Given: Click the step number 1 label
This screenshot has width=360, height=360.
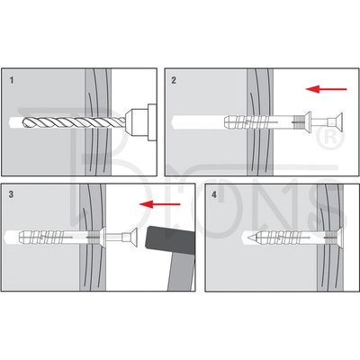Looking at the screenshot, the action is [12, 80].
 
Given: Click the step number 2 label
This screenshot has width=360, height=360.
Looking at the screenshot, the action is [174, 80].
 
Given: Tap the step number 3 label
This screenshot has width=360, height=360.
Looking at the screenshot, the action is [11, 194].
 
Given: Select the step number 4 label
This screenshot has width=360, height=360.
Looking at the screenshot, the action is [214, 194].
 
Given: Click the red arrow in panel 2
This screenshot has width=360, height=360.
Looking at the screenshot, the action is [326, 89].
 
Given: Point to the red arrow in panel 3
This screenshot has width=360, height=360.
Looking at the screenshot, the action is [159, 204].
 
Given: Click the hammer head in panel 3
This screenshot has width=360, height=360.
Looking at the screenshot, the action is [169, 240].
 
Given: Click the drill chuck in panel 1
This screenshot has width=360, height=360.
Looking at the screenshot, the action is [140, 122].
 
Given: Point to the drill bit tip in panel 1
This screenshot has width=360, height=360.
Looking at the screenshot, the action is [23, 121].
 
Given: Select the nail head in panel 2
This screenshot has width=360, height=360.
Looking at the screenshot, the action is [338, 122].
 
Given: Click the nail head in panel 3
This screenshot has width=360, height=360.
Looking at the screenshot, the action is [133, 238].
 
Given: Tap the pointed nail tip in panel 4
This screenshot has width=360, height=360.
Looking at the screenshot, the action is [248, 238].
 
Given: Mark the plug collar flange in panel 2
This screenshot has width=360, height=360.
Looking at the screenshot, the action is [308, 122].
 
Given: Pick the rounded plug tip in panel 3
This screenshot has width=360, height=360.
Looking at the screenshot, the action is [22, 238].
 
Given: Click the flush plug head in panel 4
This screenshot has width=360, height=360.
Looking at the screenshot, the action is [339, 238].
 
